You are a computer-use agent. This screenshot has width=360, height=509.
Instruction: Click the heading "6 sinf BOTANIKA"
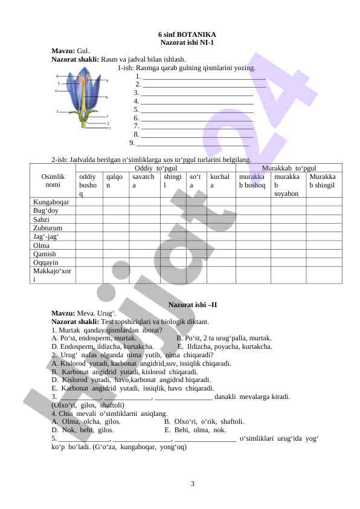coord(187,34)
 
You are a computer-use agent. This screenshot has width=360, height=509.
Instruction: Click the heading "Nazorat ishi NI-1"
coord(187,42)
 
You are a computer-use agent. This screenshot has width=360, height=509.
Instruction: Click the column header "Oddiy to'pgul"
coord(155,167)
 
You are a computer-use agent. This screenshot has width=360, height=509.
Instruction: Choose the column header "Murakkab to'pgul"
coord(286,167)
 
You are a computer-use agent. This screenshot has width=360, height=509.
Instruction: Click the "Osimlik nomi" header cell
coord(53,180)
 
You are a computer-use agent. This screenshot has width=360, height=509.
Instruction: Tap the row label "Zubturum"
coord(48,228)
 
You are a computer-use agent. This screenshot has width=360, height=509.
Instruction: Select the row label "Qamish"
coord(45,254)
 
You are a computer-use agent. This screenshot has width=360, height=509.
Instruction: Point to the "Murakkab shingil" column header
coord(323,180)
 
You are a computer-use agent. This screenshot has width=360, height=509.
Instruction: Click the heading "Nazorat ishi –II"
coord(193,304)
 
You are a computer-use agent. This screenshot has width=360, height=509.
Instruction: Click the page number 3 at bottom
coord(192,483)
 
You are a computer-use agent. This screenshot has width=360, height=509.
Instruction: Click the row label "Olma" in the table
coord(42,245)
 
